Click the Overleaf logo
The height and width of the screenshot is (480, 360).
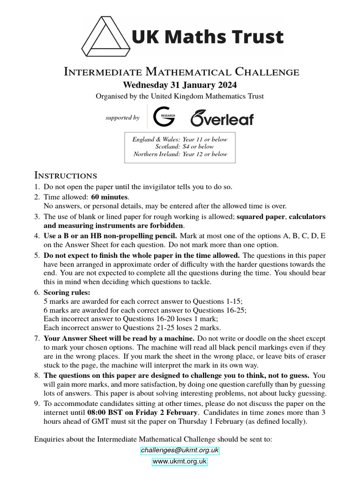[222, 118]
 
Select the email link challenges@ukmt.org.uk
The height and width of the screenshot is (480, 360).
[180, 450]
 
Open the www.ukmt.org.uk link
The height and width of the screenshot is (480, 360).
[180, 462]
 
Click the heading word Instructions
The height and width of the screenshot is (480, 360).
[66, 176]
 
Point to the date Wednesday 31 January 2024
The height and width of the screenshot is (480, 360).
[180, 85]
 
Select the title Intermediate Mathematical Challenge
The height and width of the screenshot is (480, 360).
[181, 72]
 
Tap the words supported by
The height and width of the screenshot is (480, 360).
[123, 118]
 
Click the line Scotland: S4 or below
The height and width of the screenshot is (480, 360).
[184, 147]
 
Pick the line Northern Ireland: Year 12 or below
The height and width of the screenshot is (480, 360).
[180, 154]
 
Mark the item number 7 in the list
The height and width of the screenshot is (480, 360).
[37, 338]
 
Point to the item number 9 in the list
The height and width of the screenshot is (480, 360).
[37, 404]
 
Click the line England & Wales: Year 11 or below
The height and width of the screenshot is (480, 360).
[180, 139]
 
